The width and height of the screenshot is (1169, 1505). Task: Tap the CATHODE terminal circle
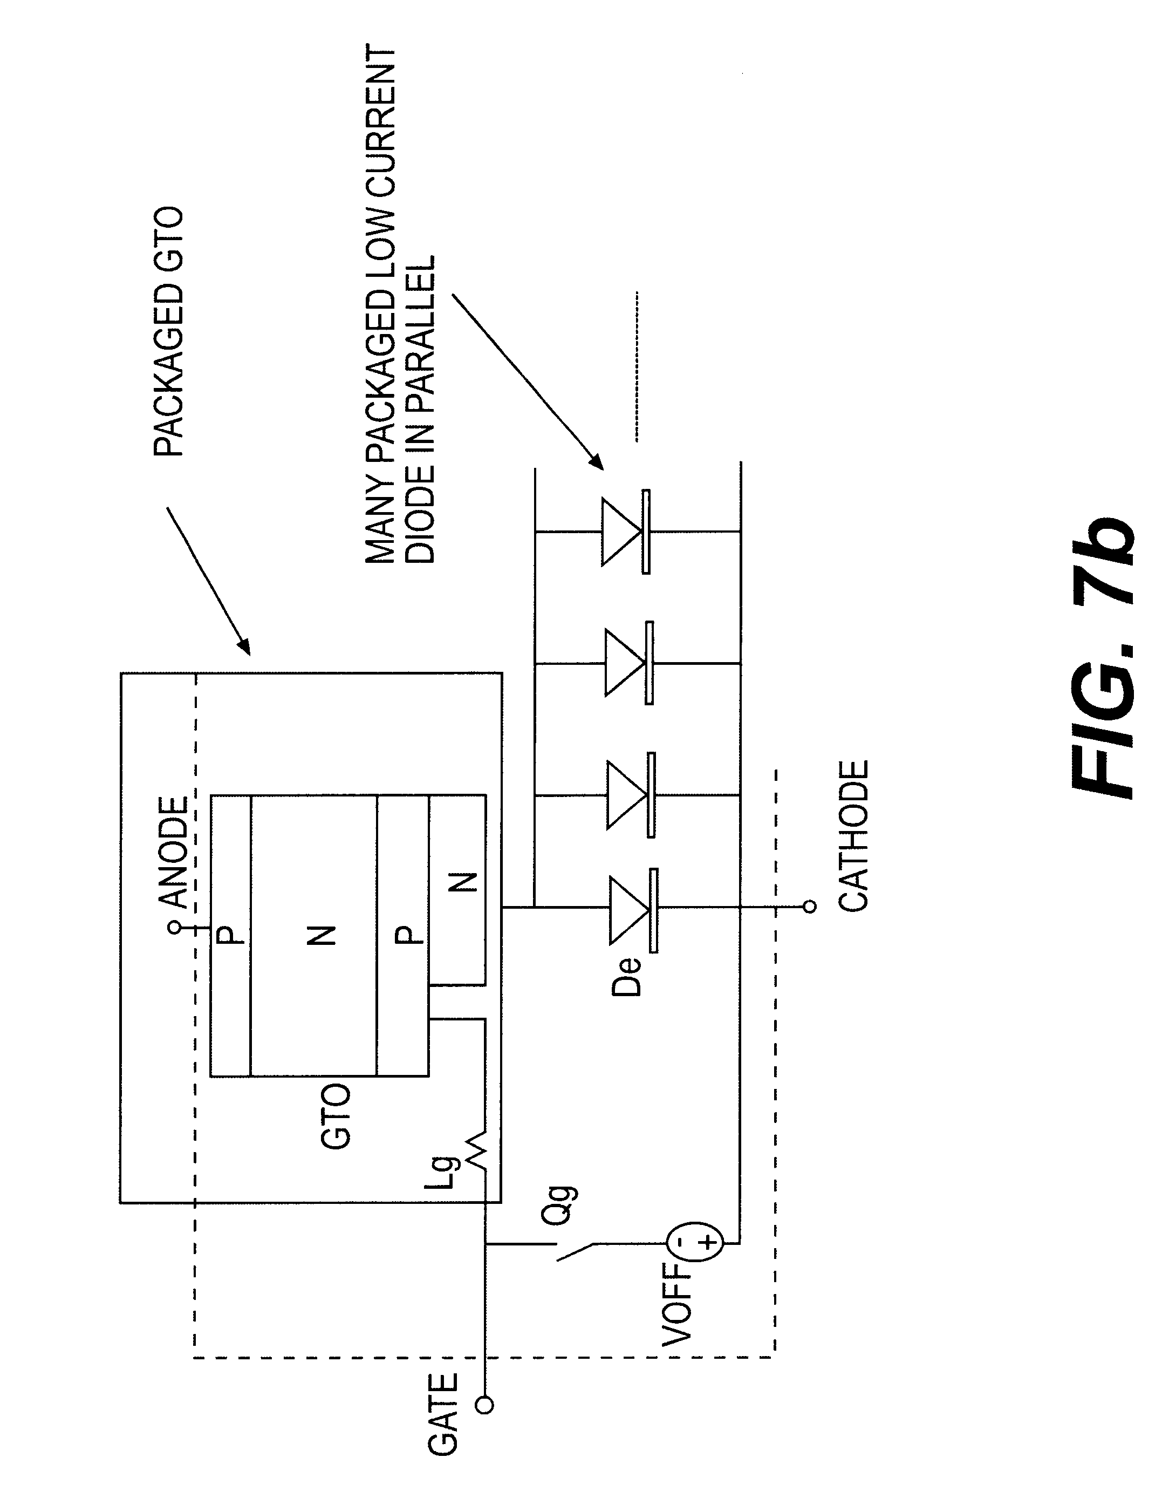click(x=810, y=907)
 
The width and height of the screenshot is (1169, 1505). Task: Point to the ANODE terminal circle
click(x=175, y=928)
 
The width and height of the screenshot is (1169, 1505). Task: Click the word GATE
click(x=442, y=1413)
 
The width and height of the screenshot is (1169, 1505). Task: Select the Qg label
click(x=558, y=1205)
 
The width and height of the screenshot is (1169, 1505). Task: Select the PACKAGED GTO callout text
click(x=168, y=331)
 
